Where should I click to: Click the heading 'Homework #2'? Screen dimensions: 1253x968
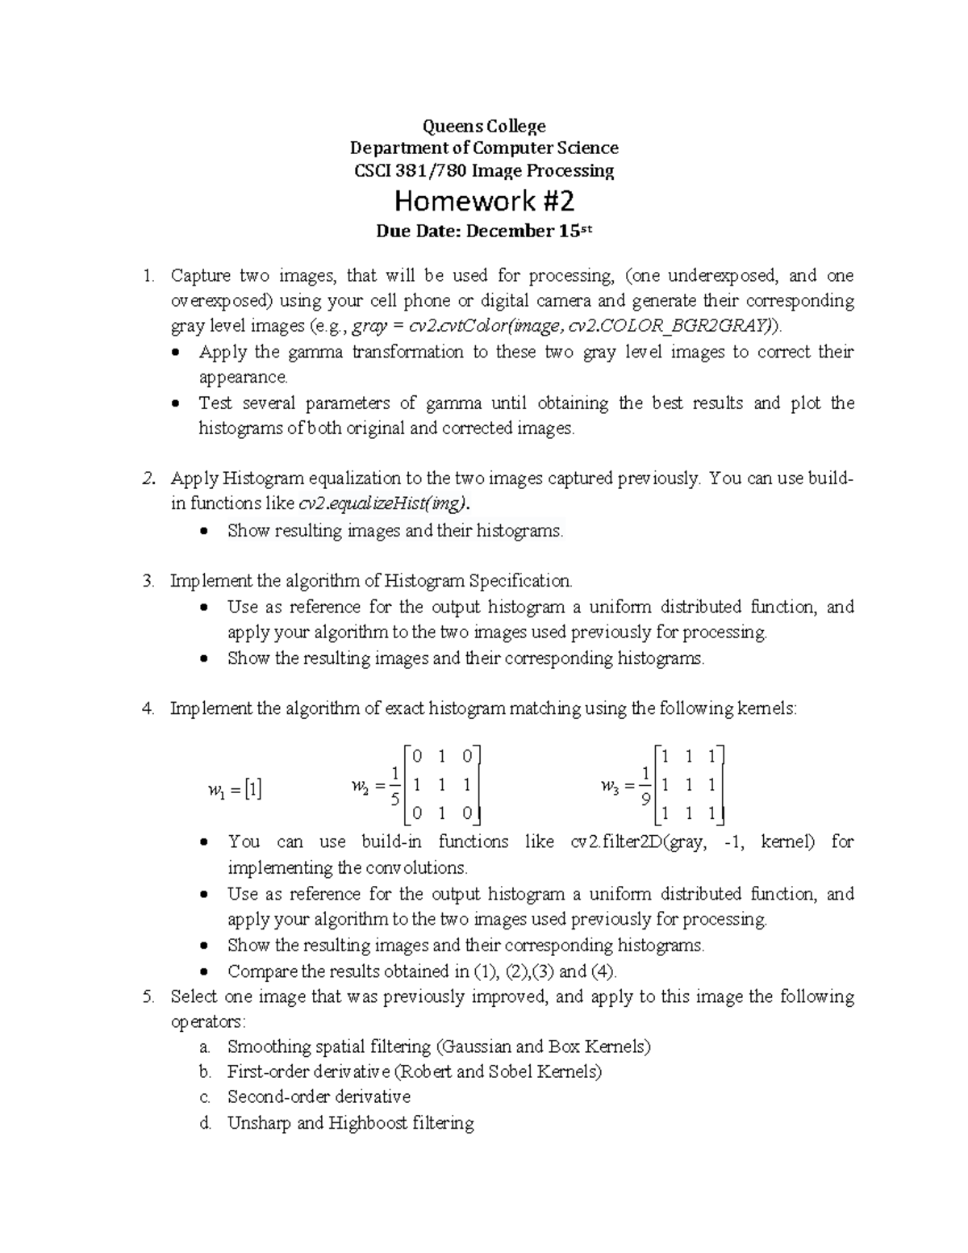(x=483, y=200)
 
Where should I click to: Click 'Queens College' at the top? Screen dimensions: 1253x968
(x=484, y=126)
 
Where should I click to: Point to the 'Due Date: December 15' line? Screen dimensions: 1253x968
(x=484, y=232)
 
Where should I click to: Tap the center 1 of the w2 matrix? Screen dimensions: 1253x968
(x=441, y=784)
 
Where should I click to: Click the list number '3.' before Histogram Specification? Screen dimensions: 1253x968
(x=147, y=581)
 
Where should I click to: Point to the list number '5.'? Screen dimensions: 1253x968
(x=147, y=996)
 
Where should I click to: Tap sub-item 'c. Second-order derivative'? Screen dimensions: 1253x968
(x=319, y=1097)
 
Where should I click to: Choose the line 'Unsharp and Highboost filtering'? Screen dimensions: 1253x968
(x=350, y=1123)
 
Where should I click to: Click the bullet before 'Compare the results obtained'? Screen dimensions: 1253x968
(x=206, y=972)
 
